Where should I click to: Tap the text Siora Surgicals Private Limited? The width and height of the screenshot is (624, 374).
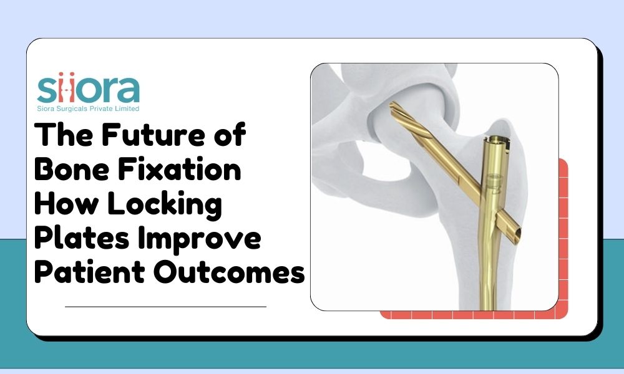click(x=88, y=108)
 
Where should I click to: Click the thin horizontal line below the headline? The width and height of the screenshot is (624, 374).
click(x=165, y=307)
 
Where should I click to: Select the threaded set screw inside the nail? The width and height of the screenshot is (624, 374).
click(x=496, y=185)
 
